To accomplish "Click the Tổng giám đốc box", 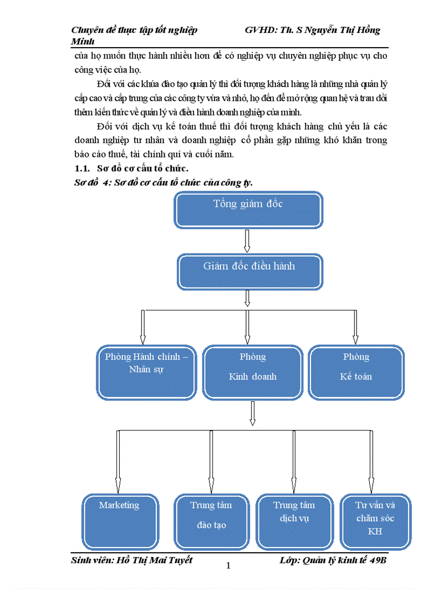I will pyautogui.click(x=248, y=210).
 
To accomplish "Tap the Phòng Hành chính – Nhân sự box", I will pyautogui.click(x=146, y=372).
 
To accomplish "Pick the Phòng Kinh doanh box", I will pyautogui.click(x=252, y=372).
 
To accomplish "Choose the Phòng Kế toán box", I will pyautogui.click(x=356, y=372).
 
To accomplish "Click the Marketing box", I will pyautogui.click(x=119, y=521).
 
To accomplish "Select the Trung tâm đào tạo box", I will pyautogui.click(x=211, y=521).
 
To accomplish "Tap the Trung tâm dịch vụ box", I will pyautogui.click(x=294, y=521).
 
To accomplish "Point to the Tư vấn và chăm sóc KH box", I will pyautogui.click(x=375, y=521).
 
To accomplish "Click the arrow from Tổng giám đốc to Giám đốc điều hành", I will pyautogui.click(x=248, y=241).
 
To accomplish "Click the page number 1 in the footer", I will pyautogui.click(x=228, y=565).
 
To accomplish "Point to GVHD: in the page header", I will pyautogui.click(x=260, y=30).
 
